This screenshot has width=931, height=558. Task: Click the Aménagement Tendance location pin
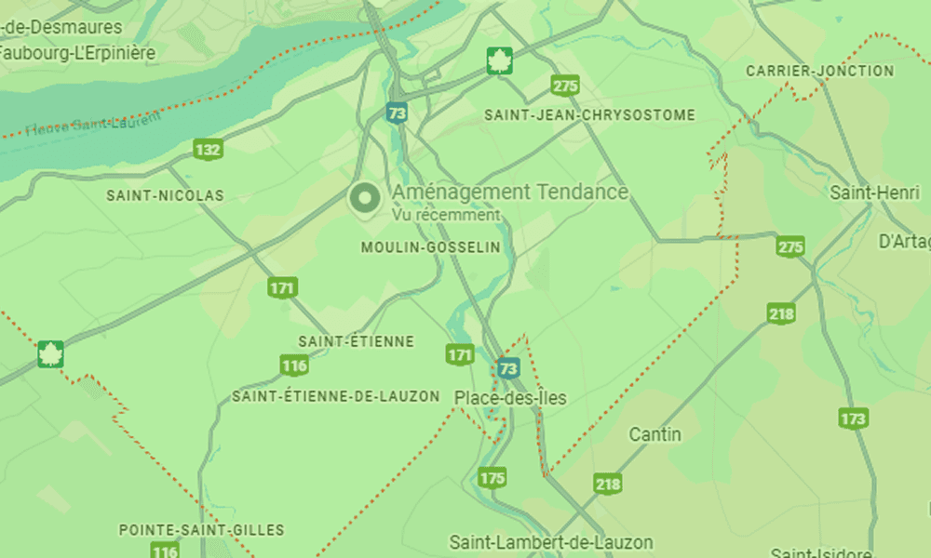point(364,198)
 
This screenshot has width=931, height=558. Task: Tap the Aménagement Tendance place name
point(510,193)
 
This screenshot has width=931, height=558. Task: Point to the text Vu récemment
point(445,215)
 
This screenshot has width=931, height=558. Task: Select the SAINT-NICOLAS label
point(165,196)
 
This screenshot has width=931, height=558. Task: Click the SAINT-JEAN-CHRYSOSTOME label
point(589,115)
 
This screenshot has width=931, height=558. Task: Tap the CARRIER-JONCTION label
point(819,71)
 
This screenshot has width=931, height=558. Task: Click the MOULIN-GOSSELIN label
point(430,247)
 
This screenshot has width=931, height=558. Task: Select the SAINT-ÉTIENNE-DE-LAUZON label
point(335,396)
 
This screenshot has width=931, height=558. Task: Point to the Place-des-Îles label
point(510,398)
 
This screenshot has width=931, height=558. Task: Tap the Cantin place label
point(655,434)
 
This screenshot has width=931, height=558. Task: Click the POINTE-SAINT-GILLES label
point(201,530)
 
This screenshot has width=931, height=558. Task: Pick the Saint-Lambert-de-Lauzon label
point(551,542)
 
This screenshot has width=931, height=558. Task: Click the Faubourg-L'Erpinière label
point(77,53)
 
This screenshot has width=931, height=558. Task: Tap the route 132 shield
point(208,149)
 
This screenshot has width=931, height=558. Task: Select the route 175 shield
point(492,478)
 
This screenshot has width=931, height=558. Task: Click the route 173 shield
point(853,418)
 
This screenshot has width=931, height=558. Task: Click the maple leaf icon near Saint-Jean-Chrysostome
point(500,61)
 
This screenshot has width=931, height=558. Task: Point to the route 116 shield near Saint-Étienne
point(294,365)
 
